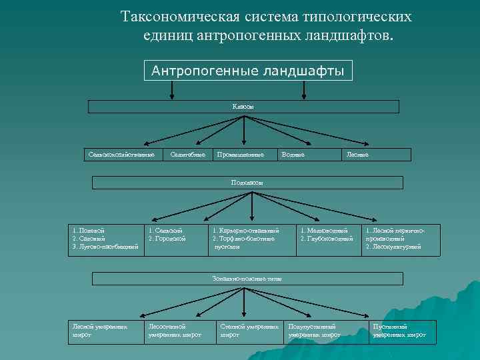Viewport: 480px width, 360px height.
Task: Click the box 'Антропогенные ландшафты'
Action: pos(248,71)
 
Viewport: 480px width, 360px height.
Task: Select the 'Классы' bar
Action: pos(243,107)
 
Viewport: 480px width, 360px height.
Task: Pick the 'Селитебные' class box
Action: pos(183,155)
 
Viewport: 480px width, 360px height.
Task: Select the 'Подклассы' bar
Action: pos(247,182)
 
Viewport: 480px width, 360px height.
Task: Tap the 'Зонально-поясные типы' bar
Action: pos(247,278)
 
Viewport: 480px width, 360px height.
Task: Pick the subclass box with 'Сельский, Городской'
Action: pos(175,239)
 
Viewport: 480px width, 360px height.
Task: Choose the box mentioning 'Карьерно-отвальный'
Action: pos(249,239)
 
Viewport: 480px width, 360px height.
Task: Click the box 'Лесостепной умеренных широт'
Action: pos(177,331)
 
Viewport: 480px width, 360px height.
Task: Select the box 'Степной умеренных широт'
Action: pos(249,331)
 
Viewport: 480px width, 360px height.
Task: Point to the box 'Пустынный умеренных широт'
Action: pos(403,331)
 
